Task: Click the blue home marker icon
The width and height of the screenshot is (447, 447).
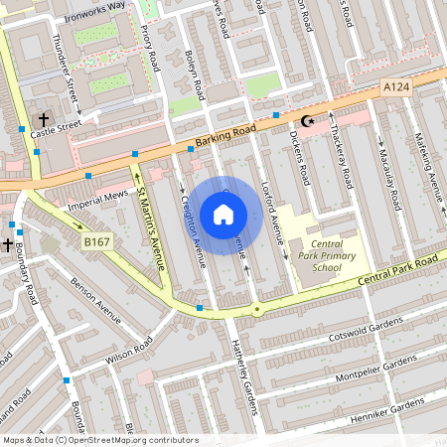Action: click(x=223, y=214)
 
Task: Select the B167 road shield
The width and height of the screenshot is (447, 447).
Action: click(x=95, y=241)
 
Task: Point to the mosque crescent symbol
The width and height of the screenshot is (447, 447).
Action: click(x=307, y=121)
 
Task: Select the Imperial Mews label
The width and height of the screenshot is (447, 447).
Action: click(x=98, y=198)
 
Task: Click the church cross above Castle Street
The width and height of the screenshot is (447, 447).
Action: click(x=44, y=117)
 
